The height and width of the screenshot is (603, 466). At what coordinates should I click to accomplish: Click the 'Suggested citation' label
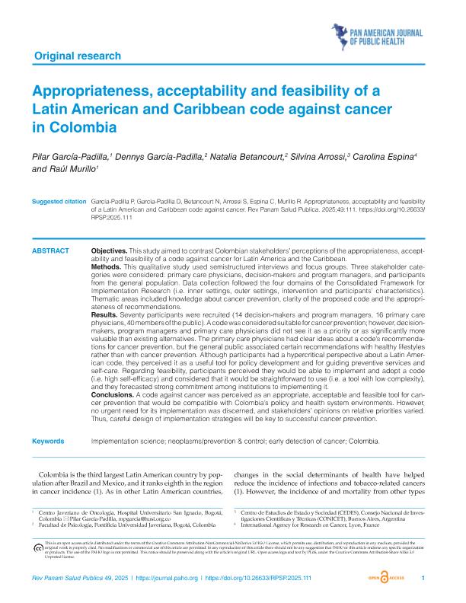pyautogui.click(x=59, y=201)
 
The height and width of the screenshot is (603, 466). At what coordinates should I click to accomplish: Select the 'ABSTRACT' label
pyautogui.click(x=51, y=250)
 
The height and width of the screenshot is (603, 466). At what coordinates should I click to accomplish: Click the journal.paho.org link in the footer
pyautogui.click(x=171, y=579)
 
